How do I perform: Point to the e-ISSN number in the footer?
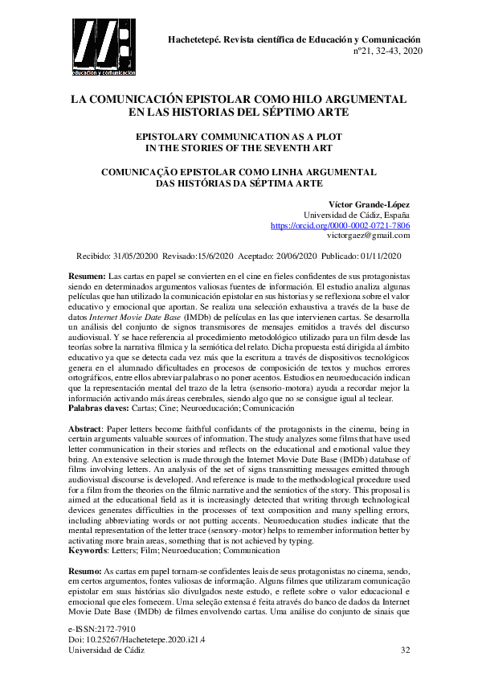(103, 626)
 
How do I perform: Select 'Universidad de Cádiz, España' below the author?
(356, 215)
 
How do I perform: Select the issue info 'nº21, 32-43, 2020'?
(382, 50)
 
